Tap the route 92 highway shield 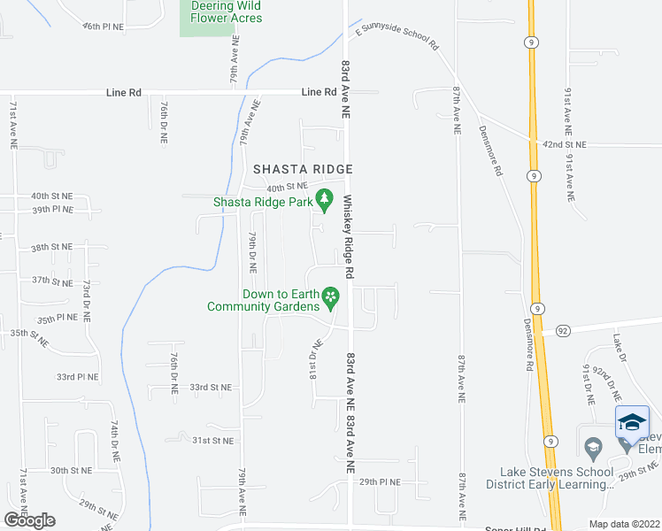pyautogui.click(x=564, y=330)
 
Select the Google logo pyautogui.click(x=29, y=519)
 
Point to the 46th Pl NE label pyautogui.click(x=104, y=27)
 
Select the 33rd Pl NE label pyautogui.click(x=78, y=376)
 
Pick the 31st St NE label pyautogui.click(x=213, y=440)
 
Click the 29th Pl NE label pyautogui.click(x=380, y=482)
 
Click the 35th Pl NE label pyautogui.click(x=58, y=317)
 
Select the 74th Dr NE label pyautogui.click(x=114, y=440)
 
